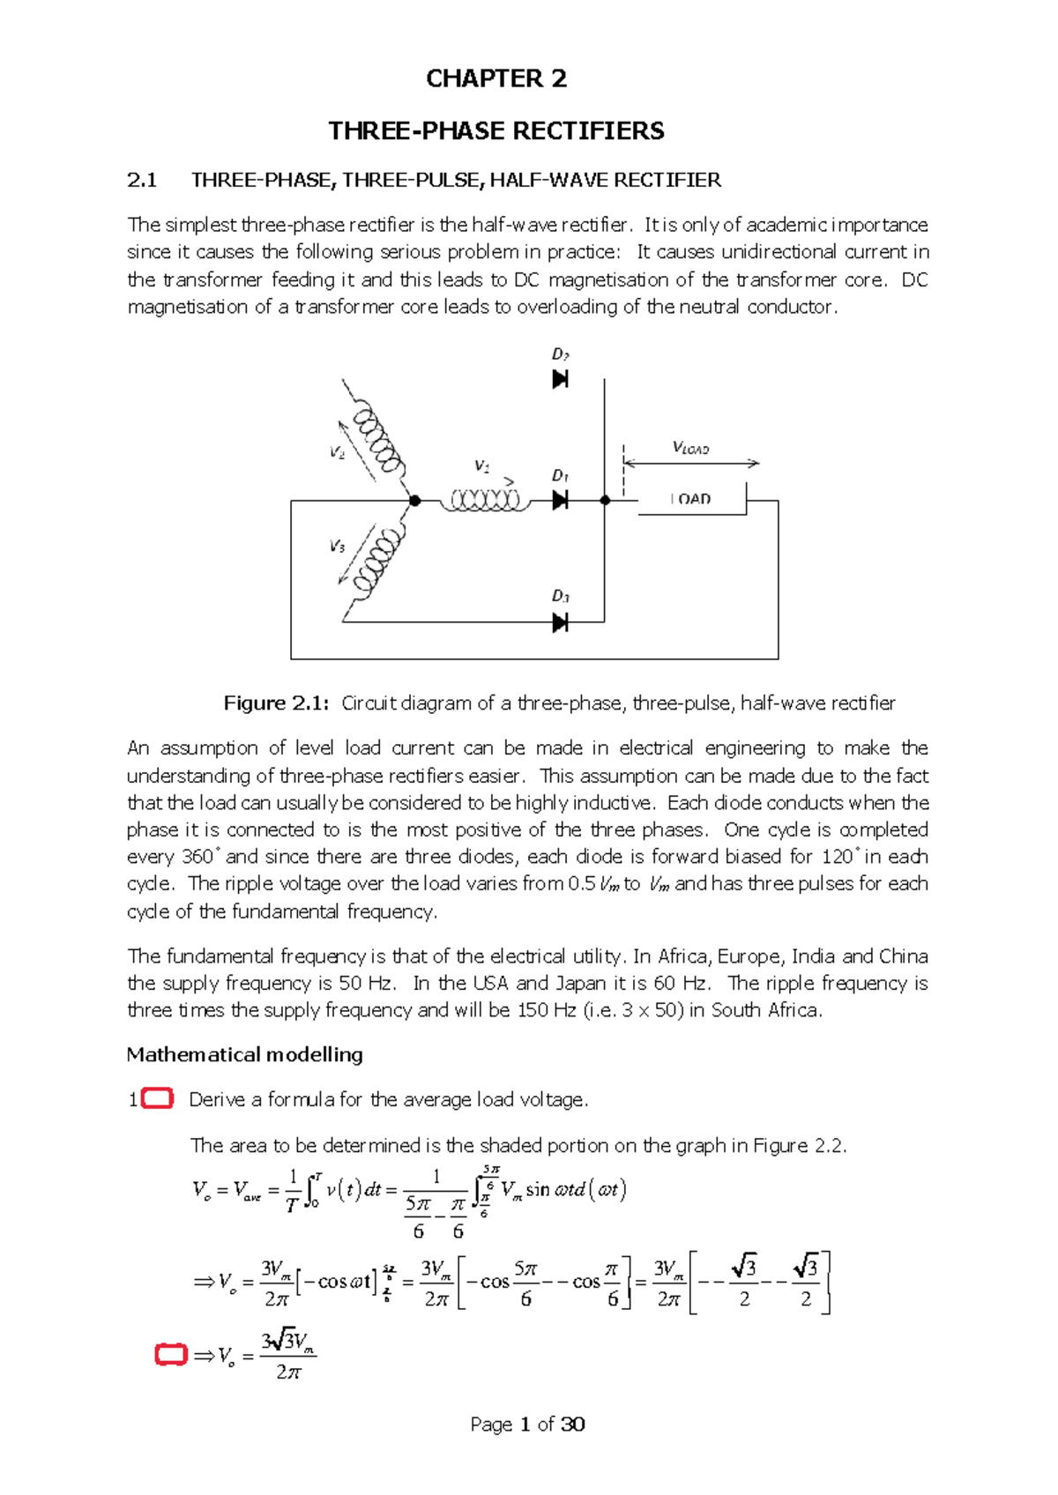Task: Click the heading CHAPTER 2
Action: [x=496, y=79]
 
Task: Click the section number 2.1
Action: [x=142, y=181]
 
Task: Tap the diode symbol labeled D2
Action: [x=560, y=379]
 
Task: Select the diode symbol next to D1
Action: [x=560, y=501]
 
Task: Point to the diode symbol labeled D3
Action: [x=560, y=623]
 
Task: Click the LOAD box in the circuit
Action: [x=692, y=499]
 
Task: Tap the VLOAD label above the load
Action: [x=690, y=448]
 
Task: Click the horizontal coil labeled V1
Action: [x=485, y=501]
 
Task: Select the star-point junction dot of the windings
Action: [x=415, y=501]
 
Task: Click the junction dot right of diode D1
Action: [x=605, y=501]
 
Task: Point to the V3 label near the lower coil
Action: [x=337, y=547]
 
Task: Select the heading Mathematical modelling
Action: [x=244, y=1055]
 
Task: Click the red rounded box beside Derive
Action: [x=157, y=1098]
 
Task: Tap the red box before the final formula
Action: [x=171, y=1355]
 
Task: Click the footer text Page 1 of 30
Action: [x=527, y=1424]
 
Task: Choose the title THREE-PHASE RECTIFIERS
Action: [x=496, y=131]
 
